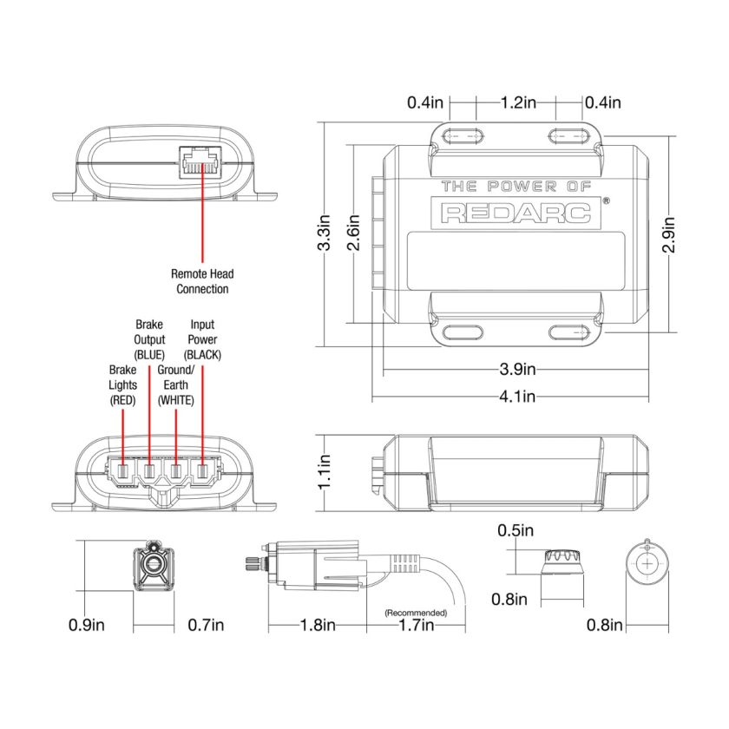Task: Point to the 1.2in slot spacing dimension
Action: pyautogui.click(x=517, y=102)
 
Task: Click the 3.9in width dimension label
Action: pyautogui.click(x=516, y=370)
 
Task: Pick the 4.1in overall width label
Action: pyautogui.click(x=516, y=397)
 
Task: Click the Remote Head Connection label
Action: pyautogui.click(x=202, y=281)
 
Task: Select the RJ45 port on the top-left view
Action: pyautogui.click(x=202, y=161)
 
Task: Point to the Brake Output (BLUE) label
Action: pyautogui.click(x=149, y=339)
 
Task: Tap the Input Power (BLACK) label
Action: pyautogui.click(x=202, y=339)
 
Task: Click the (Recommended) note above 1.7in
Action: pyautogui.click(x=416, y=613)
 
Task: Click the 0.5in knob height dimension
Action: pyautogui.click(x=516, y=529)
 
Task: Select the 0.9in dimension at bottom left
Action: pyautogui.click(x=87, y=625)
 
